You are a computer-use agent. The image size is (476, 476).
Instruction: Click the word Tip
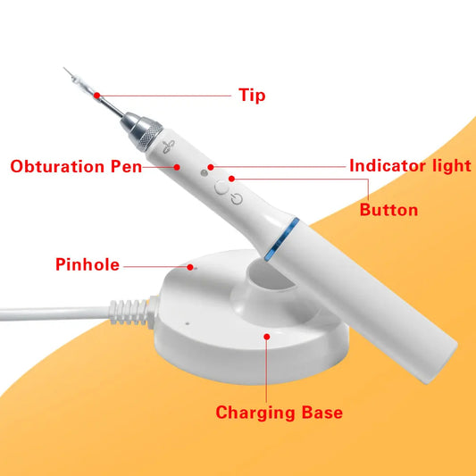pyautogui.click(x=251, y=95)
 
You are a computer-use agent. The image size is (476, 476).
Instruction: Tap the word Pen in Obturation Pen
pyautogui.click(x=125, y=167)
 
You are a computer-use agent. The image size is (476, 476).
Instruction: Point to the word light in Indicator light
pyautogui.click(x=450, y=166)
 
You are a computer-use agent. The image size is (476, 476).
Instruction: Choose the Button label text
pyautogui.click(x=388, y=210)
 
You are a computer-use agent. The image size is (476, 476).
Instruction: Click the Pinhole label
pyautogui.click(x=88, y=264)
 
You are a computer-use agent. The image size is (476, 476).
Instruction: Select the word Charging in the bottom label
pyautogui.click(x=255, y=413)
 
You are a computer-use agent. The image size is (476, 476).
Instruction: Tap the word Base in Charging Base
pyautogui.click(x=319, y=413)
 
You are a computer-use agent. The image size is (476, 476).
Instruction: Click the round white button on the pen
pyautogui.click(x=221, y=188)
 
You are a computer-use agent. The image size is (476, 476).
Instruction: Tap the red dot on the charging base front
pyautogui.click(x=267, y=336)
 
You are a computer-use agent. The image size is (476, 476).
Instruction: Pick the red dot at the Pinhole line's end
pyautogui.click(x=188, y=264)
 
